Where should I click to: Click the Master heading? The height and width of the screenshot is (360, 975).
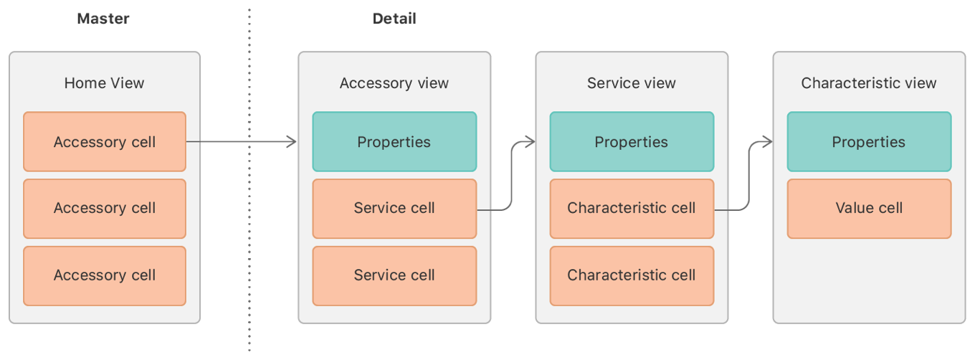pyautogui.click(x=103, y=19)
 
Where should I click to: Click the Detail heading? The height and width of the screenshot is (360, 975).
pyautogui.click(x=394, y=19)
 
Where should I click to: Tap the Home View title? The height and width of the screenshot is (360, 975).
pyautogui.click(x=104, y=83)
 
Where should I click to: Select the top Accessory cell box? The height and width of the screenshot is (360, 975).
pyautogui.click(x=105, y=142)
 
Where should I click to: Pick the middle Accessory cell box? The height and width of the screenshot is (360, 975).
pyautogui.click(x=105, y=209)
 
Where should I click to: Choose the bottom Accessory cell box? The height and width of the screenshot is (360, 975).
pyautogui.click(x=105, y=275)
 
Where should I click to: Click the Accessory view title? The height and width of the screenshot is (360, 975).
pyautogui.click(x=394, y=83)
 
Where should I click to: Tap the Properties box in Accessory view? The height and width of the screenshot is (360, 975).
pyautogui.click(x=394, y=142)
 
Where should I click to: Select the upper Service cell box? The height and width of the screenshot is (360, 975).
pyautogui.click(x=394, y=209)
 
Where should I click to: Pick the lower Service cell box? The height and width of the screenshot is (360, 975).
pyautogui.click(x=394, y=275)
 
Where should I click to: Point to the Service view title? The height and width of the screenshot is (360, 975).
pyautogui.click(x=631, y=83)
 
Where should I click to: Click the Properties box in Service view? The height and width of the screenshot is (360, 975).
pyautogui.click(x=631, y=142)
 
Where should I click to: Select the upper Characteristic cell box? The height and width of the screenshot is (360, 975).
pyautogui.click(x=631, y=209)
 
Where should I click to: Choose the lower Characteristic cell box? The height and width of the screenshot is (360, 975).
pyautogui.click(x=631, y=275)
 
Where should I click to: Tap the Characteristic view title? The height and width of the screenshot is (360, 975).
pyautogui.click(x=868, y=83)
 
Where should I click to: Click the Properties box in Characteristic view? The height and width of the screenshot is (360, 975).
pyautogui.click(x=868, y=142)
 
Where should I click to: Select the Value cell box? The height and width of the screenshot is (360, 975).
pyautogui.click(x=868, y=209)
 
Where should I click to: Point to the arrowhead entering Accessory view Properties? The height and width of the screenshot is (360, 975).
pyautogui.click(x=292, y=142)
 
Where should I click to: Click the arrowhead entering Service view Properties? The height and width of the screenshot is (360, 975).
pyautogui.click(x=531, y=142)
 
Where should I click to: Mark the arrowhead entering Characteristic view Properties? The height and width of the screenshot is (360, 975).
pyautogui.click(x=768, y=142)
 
